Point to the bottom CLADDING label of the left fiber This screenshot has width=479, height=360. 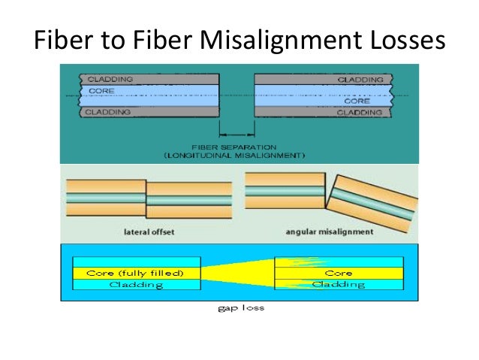click(109, 112)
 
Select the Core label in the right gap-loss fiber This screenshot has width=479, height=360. click(339, 273)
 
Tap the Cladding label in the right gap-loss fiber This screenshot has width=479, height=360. click(338, 284)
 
